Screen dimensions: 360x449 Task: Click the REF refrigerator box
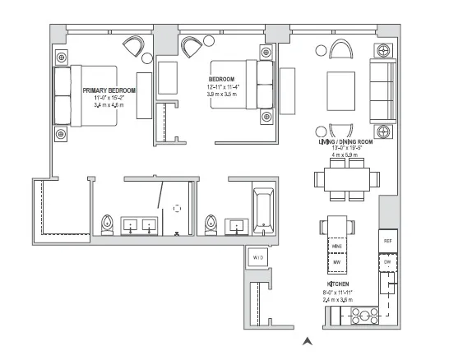pos(388,240)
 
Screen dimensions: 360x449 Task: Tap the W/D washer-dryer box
pos(258,257)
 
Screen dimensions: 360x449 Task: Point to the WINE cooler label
pos(336,246)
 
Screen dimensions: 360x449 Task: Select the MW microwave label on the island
pos(336,263)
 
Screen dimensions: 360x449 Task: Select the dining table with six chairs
pos(348,180)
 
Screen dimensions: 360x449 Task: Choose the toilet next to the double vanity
pos(107,224)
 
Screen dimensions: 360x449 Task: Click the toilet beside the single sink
pos(212,224)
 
